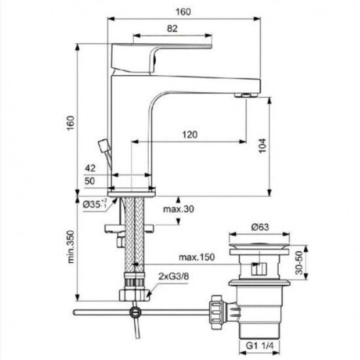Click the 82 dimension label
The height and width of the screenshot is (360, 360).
coord(172,29)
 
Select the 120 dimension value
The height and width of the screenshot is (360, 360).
coord(190,135)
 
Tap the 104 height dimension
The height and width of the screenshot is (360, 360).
coord(262,145)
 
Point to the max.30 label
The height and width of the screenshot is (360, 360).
coord(179,209)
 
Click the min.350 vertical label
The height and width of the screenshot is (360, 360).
coord(71,247)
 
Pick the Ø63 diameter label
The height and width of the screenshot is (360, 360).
coord(260,227)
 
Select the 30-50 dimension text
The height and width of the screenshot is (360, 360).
coord(299,262)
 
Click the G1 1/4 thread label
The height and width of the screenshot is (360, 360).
coord(260,346)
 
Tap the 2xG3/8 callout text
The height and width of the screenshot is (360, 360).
coord(173,276)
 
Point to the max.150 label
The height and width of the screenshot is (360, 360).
coord(196,257)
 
